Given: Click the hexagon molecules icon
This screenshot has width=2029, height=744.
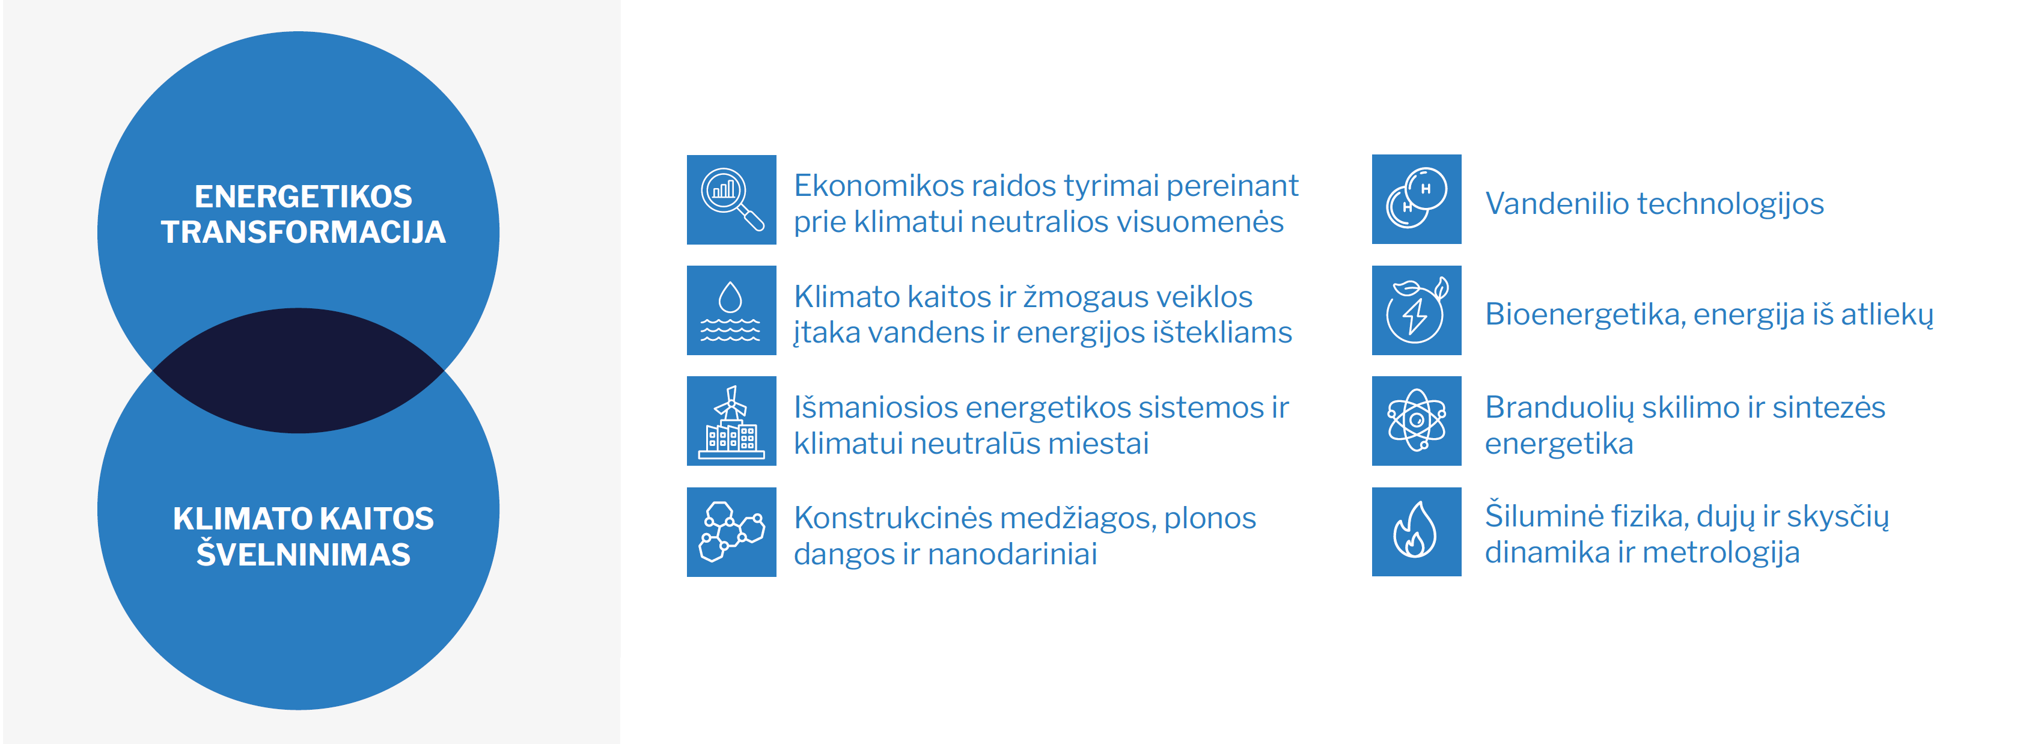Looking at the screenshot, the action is (732, 532).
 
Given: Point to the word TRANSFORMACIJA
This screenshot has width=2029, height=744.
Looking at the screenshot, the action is (304, 232).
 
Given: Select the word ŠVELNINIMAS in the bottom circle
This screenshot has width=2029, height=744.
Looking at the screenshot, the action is (304, 553).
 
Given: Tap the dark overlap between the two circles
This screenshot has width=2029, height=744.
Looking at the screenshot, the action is (299, 370).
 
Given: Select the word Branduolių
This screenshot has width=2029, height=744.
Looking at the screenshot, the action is (1560, 408).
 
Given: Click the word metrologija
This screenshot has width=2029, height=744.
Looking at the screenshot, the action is (1722, 553).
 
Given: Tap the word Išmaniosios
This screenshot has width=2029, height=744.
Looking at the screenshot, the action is (876, 408).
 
